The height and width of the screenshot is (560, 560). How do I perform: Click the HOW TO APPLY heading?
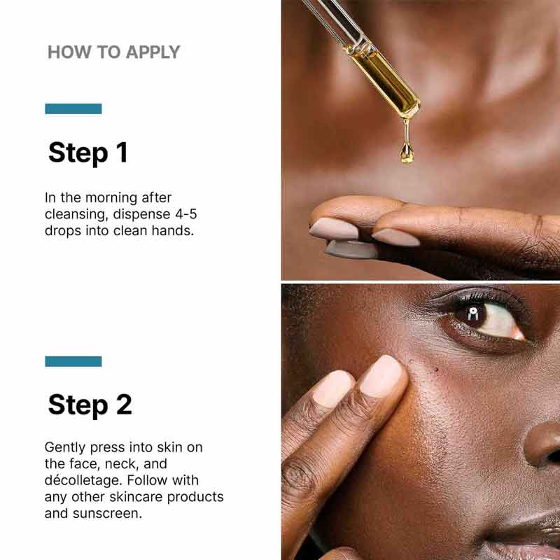point(113,52)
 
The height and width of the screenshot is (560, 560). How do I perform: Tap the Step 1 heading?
point(88,153)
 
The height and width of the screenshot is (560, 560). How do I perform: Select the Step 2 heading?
point(90,405)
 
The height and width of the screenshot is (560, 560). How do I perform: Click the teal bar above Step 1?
point(73,108)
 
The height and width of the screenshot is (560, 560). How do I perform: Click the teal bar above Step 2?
point(73,361)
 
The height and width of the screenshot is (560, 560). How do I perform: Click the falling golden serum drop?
point(406,153)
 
